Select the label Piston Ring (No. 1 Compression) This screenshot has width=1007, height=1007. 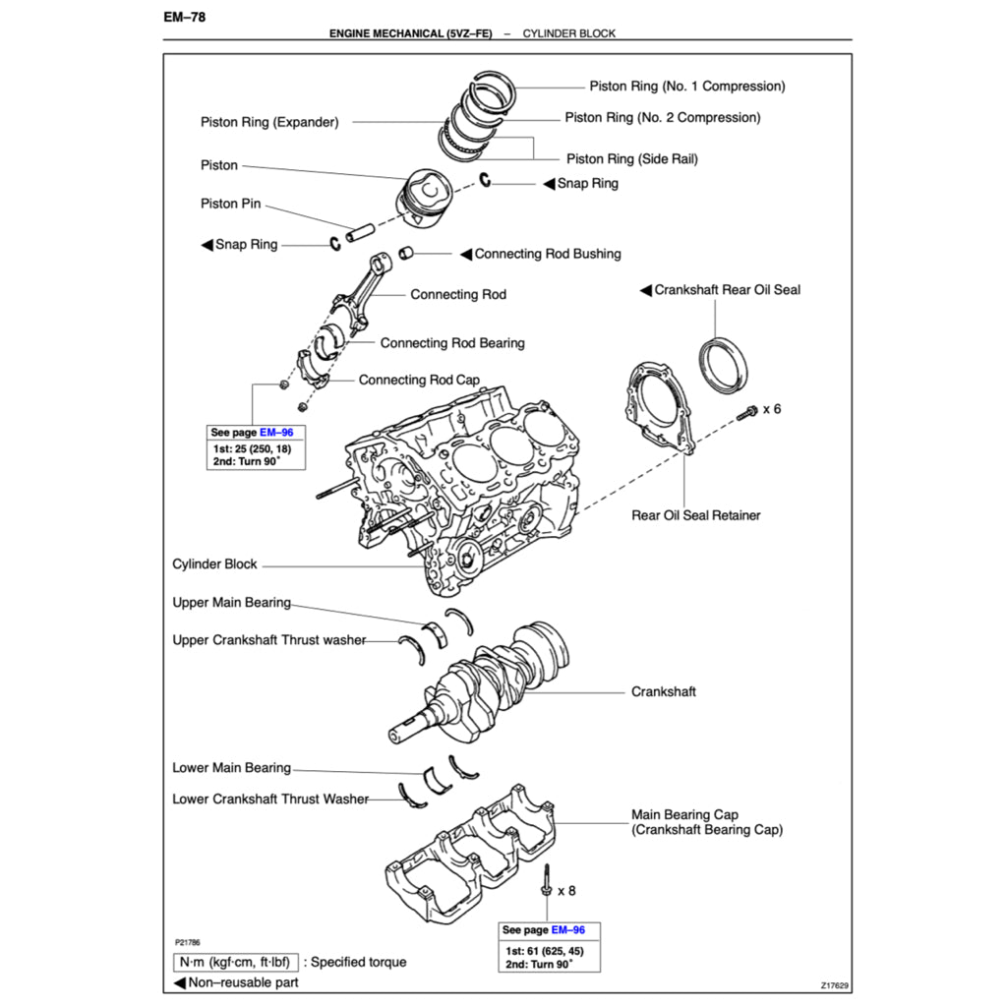tap(686, 87)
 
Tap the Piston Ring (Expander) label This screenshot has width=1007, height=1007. tap(269, 123)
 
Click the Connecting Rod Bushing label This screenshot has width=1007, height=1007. tap(548, 254)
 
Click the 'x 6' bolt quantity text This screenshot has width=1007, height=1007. tap(772, 408)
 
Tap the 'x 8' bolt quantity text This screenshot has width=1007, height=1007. tap(566, 891)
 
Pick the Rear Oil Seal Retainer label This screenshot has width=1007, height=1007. tap(695, 515)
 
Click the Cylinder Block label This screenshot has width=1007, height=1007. tap(214, 564)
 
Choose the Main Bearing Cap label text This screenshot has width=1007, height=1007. tap(684, 815)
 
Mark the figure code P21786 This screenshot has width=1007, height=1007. tap(187, 942)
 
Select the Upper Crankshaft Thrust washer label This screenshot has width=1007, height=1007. tap(268, 640)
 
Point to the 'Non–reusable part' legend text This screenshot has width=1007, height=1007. tap(243, 982)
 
